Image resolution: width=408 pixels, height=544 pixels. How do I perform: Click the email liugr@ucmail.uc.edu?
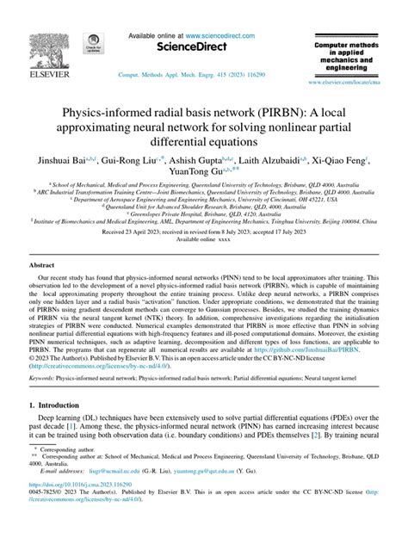[x=113, y=495]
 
